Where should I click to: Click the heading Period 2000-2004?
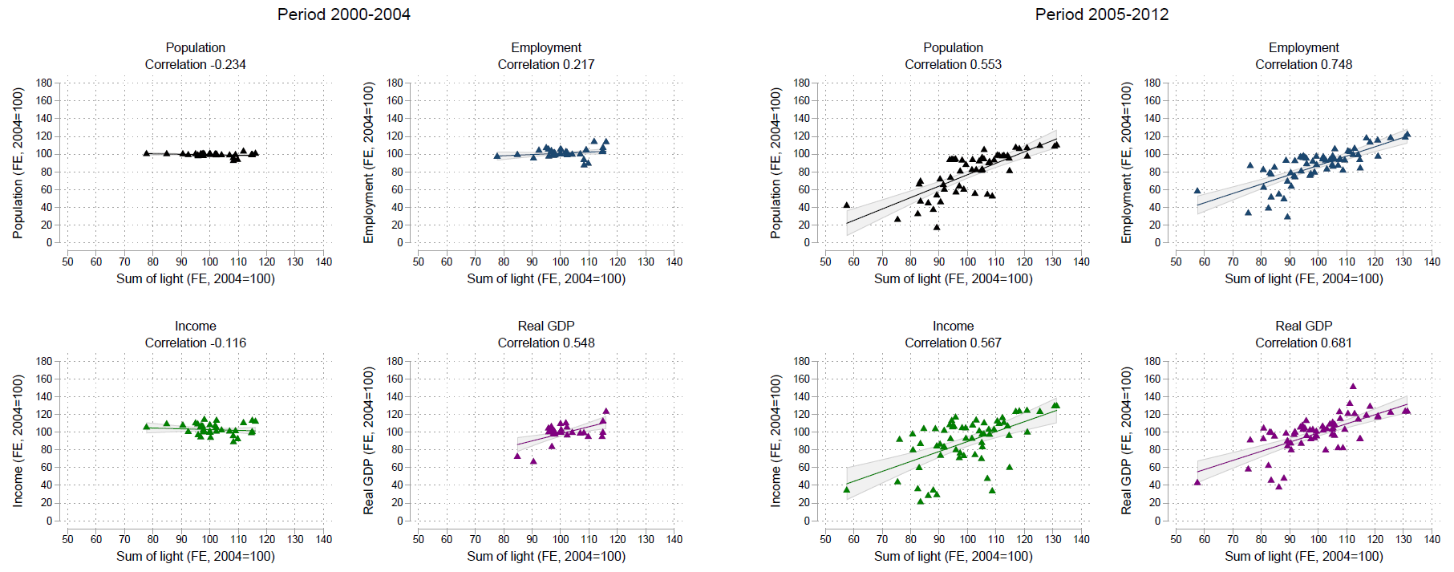[343, 14]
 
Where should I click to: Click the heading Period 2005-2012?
[1101, 14]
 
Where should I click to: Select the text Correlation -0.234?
[195, 64]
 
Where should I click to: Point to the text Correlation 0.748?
[1303, 64]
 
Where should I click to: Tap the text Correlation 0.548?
[545, 343]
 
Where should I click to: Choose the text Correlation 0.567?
[953, 343]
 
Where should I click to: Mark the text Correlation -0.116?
[195, 343]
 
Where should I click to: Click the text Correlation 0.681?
[1303, 343]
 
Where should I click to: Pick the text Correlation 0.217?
[545, 64]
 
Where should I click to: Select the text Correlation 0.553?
[953, 64]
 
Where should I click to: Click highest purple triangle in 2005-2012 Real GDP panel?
[1353, 386]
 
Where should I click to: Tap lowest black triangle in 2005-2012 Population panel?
[937, 227]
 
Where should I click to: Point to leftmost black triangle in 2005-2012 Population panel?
[846, 205]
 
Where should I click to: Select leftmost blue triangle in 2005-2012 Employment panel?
[1197, 191]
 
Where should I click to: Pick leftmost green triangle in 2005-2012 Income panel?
[846, 489]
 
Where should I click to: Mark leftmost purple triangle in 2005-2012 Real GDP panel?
[1197, 482]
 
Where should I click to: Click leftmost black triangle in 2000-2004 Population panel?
[146, 152]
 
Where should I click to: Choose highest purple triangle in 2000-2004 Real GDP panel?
[606, 411]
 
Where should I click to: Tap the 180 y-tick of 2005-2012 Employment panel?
[1152, 83]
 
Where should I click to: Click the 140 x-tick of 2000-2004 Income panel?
[323, 539]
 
